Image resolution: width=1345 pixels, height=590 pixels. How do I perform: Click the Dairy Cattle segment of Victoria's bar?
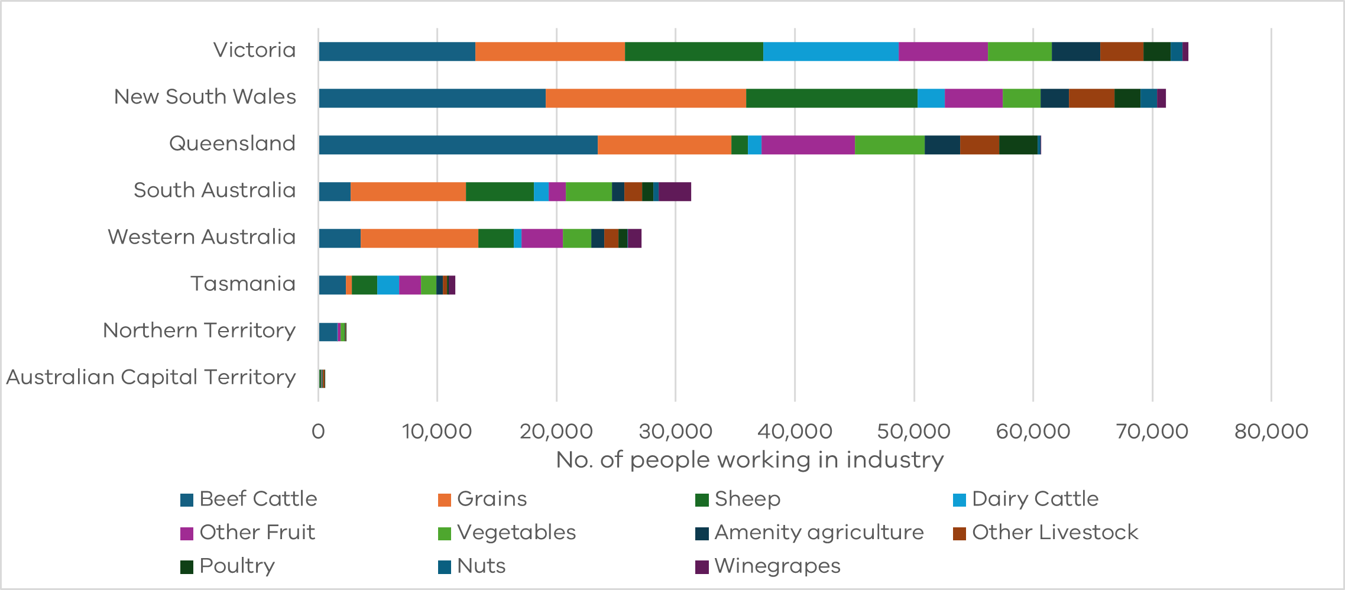(x=831, y=51)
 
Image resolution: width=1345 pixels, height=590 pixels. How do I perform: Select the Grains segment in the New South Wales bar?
(x=646, y=98)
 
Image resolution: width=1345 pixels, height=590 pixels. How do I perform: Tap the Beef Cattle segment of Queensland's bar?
(x=458, y=145)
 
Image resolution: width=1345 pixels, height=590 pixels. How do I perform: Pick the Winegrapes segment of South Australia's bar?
(x=675, y=192)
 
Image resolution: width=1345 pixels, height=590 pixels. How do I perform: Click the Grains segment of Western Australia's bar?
(x=419, y=238)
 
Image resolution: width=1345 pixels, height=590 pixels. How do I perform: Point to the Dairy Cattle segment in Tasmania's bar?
(x=388, y=285)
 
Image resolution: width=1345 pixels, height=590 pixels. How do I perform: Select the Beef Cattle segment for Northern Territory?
(x=328, y=332)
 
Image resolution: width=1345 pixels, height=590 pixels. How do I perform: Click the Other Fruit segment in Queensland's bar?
(x=808, y=145)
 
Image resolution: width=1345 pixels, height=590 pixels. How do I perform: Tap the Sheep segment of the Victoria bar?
(x=693, y=51)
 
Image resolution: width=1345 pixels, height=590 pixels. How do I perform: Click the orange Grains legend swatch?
(x=445, y=500)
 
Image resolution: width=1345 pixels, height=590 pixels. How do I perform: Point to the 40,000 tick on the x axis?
(x=795, y=431)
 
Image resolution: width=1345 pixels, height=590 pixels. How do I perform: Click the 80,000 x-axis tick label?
(x=1271, y=431)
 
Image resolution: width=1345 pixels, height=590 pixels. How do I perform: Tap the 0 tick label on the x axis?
(x=318, y=431)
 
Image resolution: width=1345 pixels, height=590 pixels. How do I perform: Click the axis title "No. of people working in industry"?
(x=750, y=460)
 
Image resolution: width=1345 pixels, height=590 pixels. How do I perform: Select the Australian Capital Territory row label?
(x=151, y=377)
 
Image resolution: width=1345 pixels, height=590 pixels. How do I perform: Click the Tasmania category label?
(x=242, y=284)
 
